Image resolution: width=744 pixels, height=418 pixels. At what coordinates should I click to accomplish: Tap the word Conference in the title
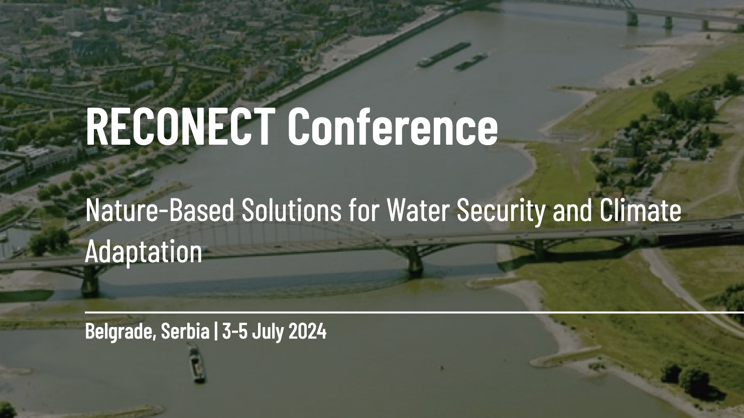pyautogui.click(x=393, y=127)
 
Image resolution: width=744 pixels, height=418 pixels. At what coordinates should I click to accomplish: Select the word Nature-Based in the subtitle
pyautogui.click(x=160, y=212)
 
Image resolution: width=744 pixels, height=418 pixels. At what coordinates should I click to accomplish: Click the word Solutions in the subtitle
pyautogui.click(x=291, y=212)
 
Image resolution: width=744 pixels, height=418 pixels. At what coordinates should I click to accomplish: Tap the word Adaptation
pyautogui.click(x=144, y=253)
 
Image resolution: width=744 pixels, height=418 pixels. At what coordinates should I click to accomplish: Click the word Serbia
pyautogui.click(x=185, y=331)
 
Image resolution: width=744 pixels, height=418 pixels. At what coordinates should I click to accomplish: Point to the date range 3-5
pyautogui.click(x=235, y=331)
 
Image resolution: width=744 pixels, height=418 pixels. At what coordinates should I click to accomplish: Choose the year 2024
pyautogui.click(x=307, y=331)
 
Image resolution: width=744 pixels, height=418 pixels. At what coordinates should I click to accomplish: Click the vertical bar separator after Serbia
pyautogui.click(x=216, y=331)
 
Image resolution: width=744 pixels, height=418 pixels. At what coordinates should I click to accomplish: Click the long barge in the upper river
pyautogui.click(x=444, y=54)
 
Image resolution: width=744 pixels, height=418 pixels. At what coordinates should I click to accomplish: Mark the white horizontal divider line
pyautogui.click(x=415, y=312)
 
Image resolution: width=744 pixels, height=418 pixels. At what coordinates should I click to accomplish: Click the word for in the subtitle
pyautogui.click(x=364, y=212)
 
